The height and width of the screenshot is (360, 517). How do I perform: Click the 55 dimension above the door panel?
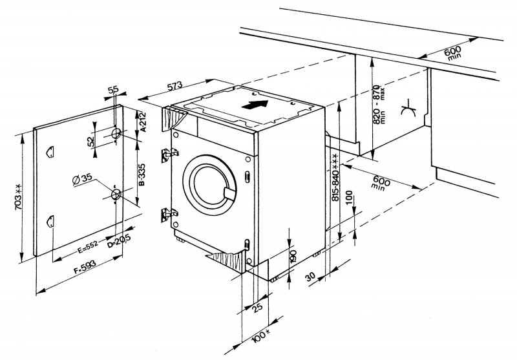click(x=114, y=91)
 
